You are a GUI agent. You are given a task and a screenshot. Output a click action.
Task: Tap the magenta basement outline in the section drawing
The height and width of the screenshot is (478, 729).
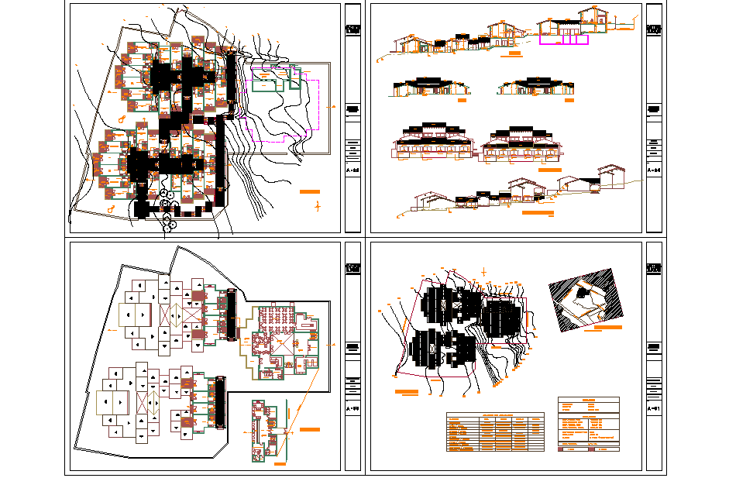coord(573,39)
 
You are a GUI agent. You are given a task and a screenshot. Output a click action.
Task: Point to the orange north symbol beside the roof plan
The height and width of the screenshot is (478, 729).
coord(318,206)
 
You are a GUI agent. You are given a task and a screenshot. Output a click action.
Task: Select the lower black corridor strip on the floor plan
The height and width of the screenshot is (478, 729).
coord(219,401)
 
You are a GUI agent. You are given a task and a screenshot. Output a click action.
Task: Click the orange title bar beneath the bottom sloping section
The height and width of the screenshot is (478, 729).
coord(538,212)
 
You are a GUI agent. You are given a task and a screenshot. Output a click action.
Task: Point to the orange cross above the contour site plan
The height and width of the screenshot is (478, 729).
coord(484,271)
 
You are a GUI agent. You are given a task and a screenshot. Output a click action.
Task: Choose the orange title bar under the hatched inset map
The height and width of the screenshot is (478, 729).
coord(603,328)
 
